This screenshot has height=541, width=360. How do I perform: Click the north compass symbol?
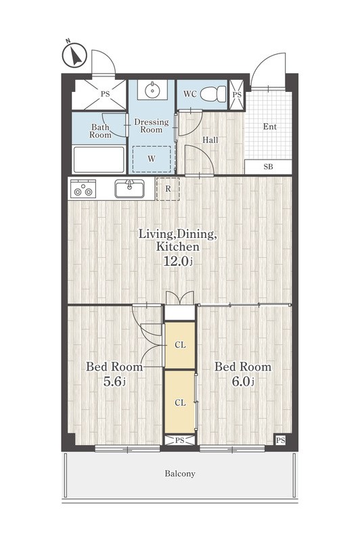(x=74, y=55)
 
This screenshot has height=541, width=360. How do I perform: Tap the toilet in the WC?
(x=212, y=94)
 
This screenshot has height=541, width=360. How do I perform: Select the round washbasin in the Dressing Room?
(x=152, y=90)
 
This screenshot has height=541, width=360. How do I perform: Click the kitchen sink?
(x=129, y=189)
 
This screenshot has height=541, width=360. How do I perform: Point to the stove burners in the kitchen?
(x=83, y=189)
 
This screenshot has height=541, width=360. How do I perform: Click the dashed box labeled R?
(x=168, y=189)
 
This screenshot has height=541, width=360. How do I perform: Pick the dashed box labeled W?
(x=152, y=159)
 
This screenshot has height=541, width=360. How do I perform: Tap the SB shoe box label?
(x=268, y=166)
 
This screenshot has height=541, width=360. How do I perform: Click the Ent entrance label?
(x=269, y=126)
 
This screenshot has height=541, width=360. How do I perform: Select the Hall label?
(x=210, y=140)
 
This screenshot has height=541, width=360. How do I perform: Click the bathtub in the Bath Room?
(x=99, y=159)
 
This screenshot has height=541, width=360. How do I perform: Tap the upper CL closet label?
(x=180, y=345)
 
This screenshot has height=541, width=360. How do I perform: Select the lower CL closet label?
(x=180, y=402)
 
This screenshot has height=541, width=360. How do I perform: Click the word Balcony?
(x=180, y=473)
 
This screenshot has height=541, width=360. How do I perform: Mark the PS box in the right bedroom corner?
(x=281, y=440)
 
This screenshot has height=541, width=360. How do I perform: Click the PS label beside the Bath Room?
(x=105, y=94)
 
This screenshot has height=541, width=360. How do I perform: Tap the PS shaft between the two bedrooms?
(x=179, y=440)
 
